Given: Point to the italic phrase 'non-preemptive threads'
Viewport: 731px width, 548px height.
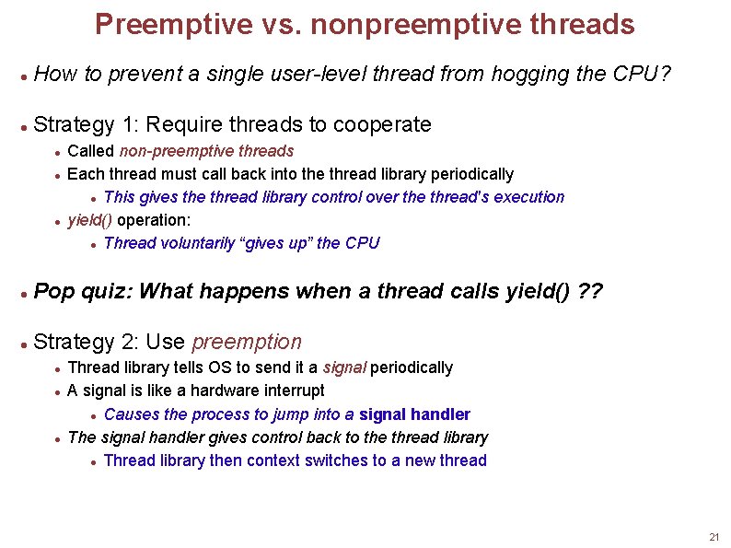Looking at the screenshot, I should coord(206,151).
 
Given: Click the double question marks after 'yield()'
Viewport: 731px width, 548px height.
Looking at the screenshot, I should coord(589,292).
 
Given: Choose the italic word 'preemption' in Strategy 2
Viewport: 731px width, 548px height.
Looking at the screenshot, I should coord(246,343).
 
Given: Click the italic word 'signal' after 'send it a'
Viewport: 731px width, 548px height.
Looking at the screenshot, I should coord(344,367).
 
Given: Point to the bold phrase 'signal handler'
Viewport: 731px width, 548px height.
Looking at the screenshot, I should coord(414,414).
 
